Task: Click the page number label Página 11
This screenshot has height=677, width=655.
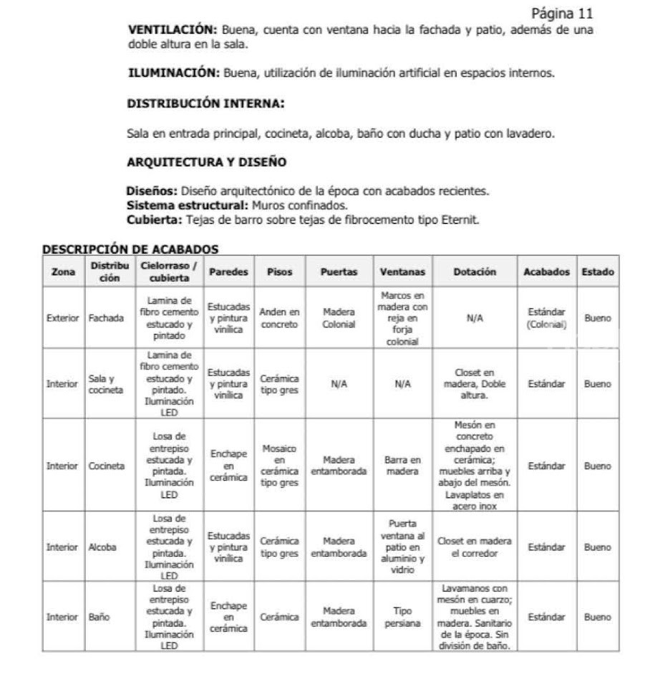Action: tap(562, 14)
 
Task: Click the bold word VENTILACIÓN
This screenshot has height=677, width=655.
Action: tap(172, 30)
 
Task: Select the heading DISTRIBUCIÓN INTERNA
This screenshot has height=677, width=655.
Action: tap(205, 104)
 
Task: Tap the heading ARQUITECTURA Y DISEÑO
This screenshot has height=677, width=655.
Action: tap(206, 163)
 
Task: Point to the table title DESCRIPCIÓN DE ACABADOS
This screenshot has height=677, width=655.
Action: tap(130, 249)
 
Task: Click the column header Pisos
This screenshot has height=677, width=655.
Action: tap(279, 272)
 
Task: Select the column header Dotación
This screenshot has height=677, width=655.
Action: tap(474, 272)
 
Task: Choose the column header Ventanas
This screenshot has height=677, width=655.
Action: tap(402, 272)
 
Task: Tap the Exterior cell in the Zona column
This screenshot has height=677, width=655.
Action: tap(62, 318)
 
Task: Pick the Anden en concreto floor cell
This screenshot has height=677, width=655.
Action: tap(279, 318)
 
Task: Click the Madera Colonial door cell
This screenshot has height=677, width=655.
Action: tap(339, 318)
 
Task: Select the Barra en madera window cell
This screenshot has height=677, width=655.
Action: tap(402, 466)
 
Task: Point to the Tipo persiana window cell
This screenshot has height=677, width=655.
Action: tap(402, 617)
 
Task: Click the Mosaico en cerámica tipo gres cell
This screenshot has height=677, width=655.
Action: tap(279, 466)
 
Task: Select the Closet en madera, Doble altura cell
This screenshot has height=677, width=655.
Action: tap(474, 384)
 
